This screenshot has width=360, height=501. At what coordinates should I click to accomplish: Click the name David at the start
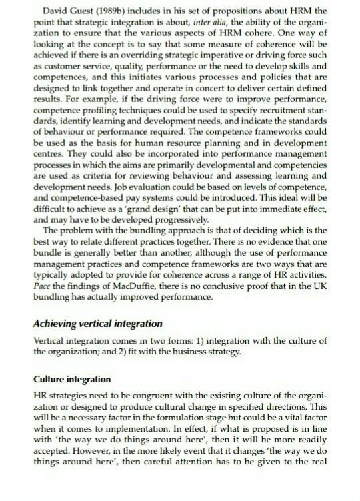55,11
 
